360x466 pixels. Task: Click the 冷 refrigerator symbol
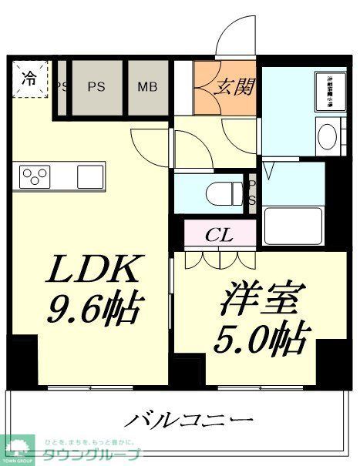[x=29, y=78]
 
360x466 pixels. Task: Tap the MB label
[x=147, y=86]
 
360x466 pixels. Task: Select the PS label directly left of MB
[x=96, y=86]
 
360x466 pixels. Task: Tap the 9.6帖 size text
[x=94, y=310]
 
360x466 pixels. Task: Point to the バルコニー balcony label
[x=190, y=421]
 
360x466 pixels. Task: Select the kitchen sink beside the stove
[x=91, y=175]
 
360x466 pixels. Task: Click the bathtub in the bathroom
[x=294, y=224]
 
